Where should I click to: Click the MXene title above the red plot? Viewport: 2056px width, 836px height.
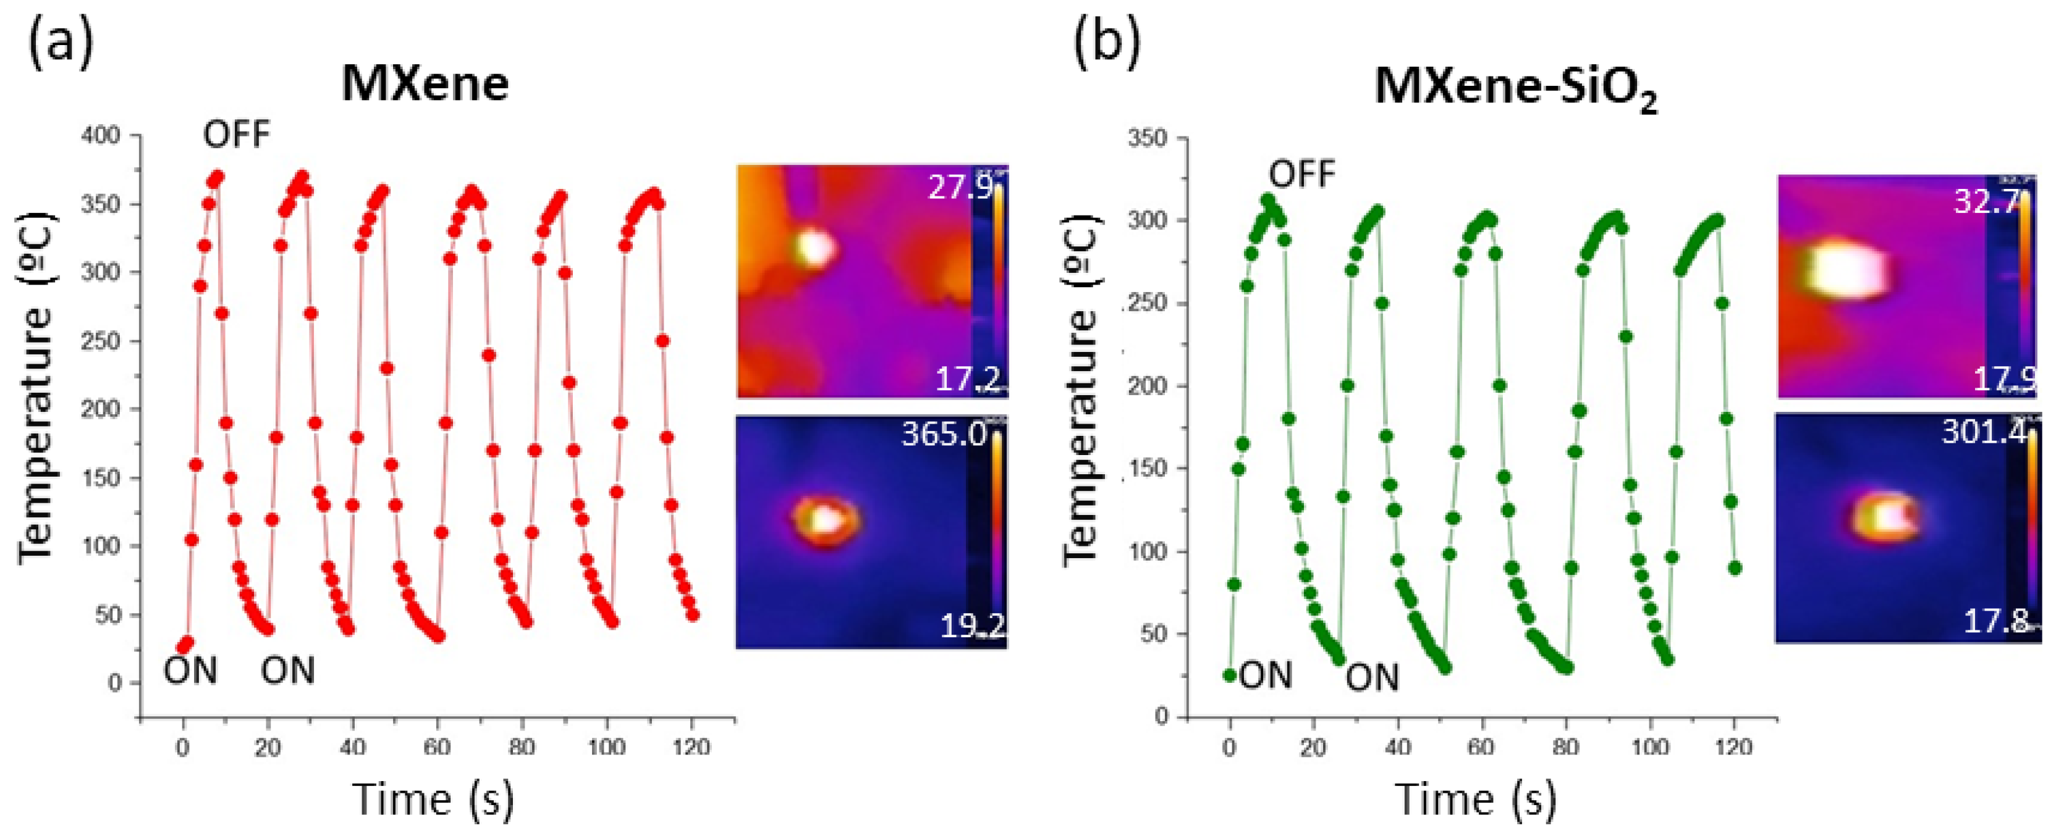coord(425,83)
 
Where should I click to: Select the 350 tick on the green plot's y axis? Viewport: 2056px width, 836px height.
coord(1147,138)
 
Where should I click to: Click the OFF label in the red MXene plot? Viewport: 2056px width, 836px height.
coord(236,134)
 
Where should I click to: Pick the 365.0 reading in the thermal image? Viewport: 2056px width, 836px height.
coord(944,434)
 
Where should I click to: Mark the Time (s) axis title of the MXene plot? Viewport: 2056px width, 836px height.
coord(433,798)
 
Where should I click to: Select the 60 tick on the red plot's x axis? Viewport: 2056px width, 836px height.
coord(436,748)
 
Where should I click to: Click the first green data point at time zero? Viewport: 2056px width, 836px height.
coord(1230,675)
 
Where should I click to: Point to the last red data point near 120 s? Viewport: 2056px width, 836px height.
coord(693,615)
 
